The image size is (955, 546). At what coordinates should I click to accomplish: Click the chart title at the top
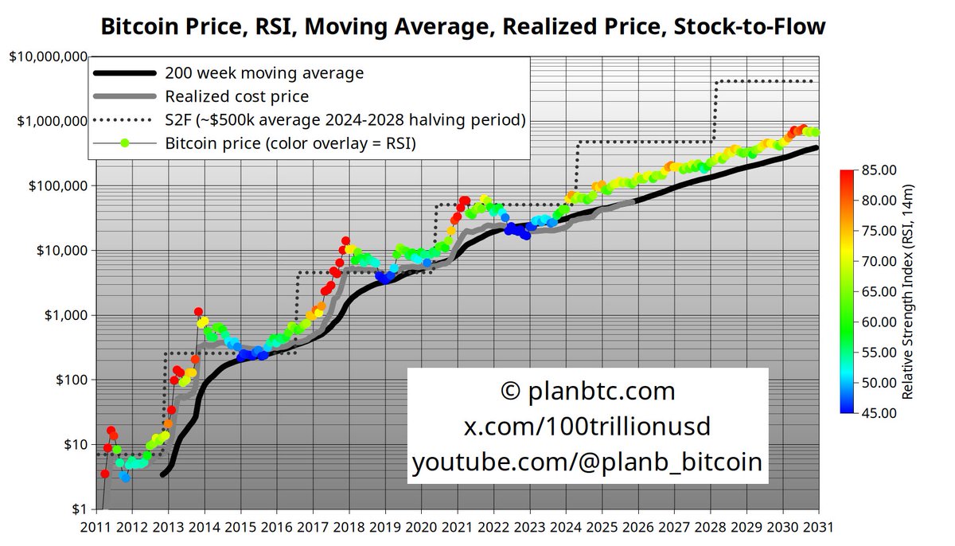462,26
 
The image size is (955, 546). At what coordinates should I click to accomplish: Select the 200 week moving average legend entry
264,73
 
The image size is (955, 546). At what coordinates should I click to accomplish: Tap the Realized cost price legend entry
236,96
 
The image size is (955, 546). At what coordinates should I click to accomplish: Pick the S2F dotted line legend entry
345,120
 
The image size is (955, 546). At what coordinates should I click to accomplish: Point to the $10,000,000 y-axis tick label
48,57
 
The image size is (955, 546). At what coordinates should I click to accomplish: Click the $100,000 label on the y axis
54,185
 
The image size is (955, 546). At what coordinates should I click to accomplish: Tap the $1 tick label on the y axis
76,509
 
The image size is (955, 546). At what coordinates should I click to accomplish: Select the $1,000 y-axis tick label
62,315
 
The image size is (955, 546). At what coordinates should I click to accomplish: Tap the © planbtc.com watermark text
588,391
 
